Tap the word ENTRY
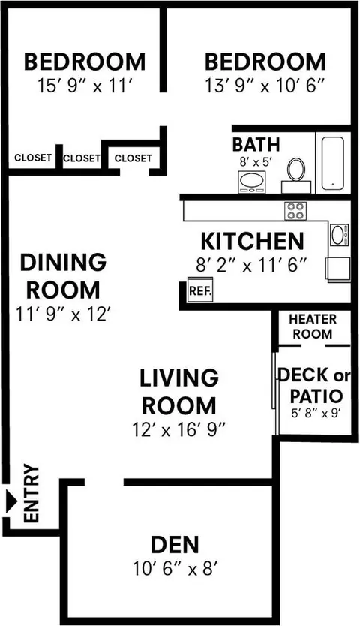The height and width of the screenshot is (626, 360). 31,493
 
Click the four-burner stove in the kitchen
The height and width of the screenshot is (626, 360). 295,211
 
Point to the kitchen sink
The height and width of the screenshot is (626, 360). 339,234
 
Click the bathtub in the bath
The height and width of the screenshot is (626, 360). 333,164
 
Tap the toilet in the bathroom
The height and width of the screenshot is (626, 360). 296,176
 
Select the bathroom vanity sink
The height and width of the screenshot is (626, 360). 252,182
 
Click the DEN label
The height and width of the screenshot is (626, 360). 175,545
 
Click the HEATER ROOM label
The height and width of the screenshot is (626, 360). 313,327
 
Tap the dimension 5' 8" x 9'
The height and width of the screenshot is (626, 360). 315,414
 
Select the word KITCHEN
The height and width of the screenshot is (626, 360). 252,242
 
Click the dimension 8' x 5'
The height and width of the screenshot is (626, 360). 256,162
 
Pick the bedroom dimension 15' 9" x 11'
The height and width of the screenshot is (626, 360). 85,86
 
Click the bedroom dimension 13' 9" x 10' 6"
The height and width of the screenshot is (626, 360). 265,86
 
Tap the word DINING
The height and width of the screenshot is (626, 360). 64,262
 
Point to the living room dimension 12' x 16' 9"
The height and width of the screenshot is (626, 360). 179,429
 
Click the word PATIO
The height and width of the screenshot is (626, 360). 316,396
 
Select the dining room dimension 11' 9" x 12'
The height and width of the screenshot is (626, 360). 63,314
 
